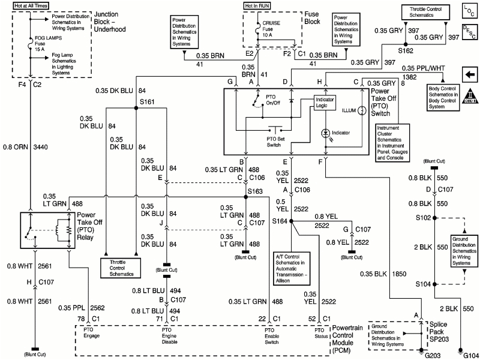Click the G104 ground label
469,354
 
